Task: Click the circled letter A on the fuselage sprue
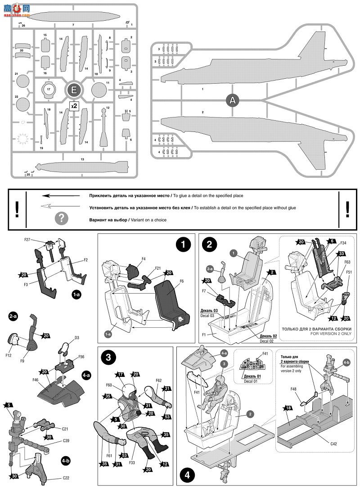233,101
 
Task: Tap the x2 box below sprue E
74,106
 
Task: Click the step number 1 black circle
183,245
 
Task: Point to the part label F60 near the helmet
109,385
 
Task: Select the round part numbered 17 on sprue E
49,90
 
